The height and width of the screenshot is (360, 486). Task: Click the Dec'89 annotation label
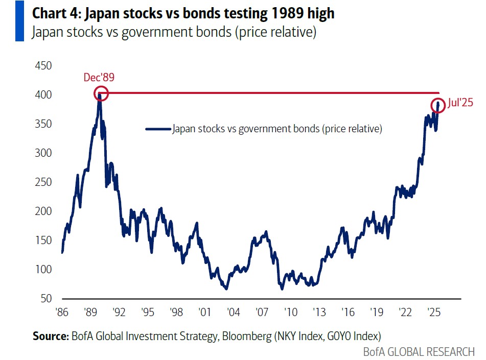point(99,78)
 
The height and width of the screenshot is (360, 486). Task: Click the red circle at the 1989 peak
point(101,93)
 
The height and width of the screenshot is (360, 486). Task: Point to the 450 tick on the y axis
point(43,66)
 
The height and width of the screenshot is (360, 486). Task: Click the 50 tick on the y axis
point(46,298)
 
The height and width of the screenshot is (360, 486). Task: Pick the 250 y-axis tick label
point(43,182)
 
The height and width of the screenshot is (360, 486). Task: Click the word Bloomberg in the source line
point(240,336)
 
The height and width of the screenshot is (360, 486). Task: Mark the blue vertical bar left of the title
point(19,22)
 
